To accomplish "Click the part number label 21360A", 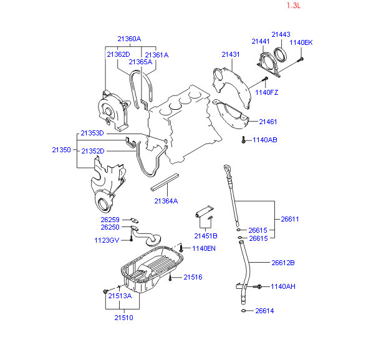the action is tap(129, 39).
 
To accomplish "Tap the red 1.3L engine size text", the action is tap(294, 6).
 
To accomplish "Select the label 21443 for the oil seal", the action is tap(281, 34).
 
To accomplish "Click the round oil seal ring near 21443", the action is tap(281, 55).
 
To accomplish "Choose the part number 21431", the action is tap(231, 54).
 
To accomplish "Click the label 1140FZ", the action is tap(267, 92).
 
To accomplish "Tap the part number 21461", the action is tap(268, 122).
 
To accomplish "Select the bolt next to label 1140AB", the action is tap(243, 139).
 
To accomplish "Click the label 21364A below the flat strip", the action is tap(166, 201).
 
